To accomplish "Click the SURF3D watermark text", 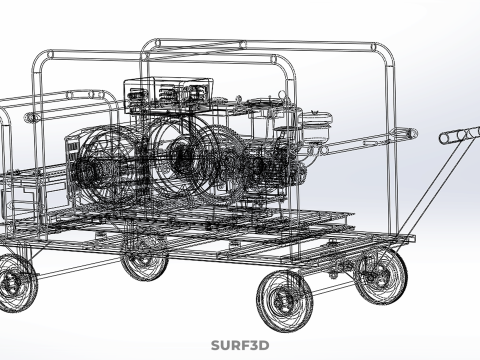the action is coord(240,345).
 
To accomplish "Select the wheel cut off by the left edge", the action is coord(16,283).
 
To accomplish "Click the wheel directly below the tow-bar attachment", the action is coord(380,276).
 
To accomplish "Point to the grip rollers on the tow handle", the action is coord(460,135).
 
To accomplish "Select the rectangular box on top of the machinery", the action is coord(168,95).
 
